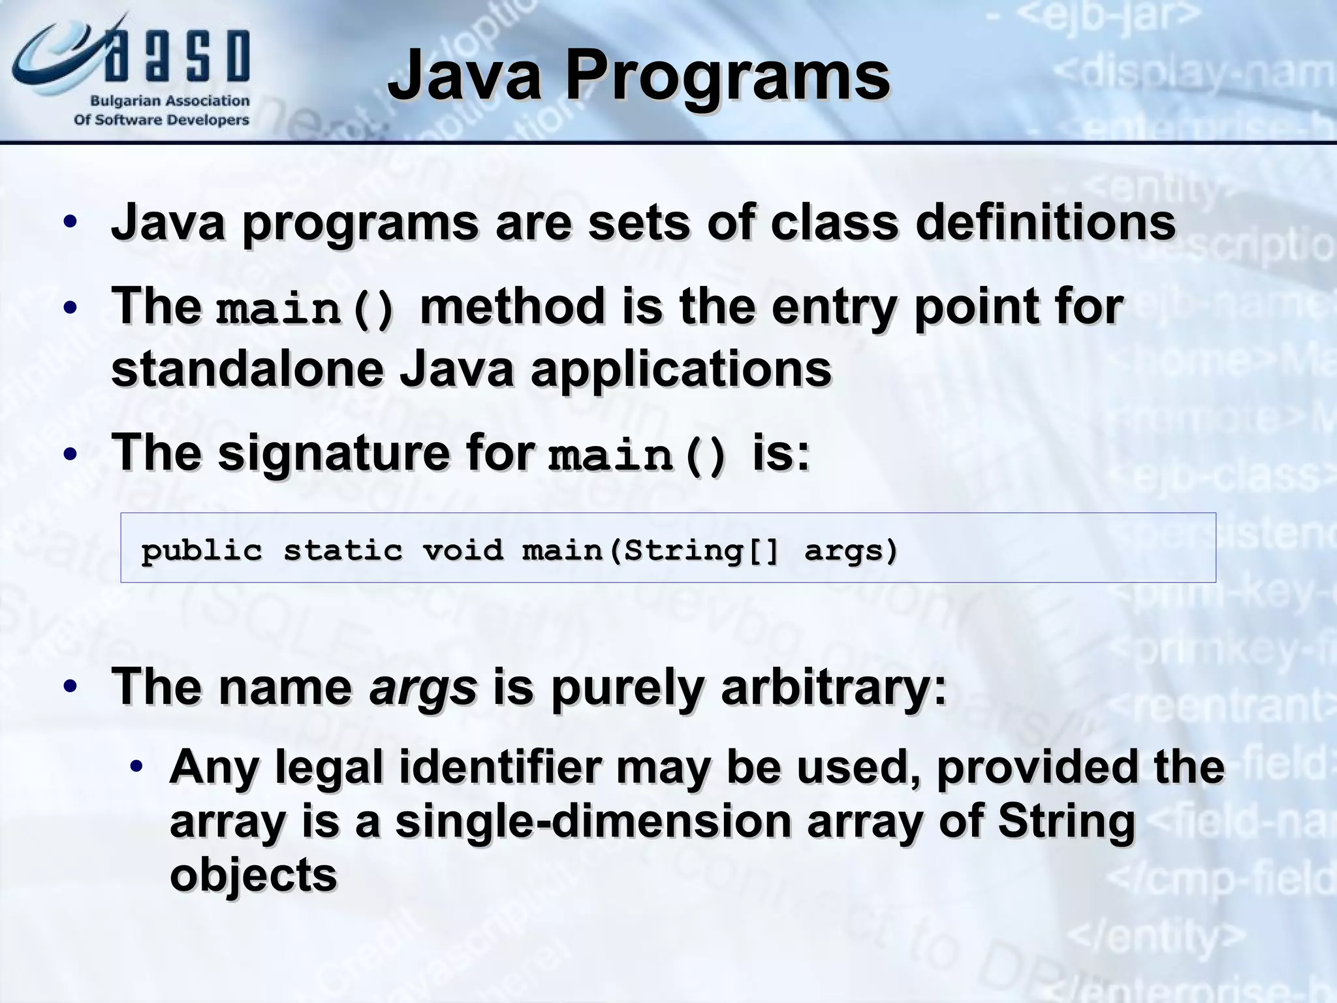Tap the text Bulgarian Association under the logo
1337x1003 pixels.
pos(170,101)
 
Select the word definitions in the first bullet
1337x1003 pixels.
pos(1045,223)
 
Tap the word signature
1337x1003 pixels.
pos(334,454)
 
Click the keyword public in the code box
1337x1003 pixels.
pos(202,550)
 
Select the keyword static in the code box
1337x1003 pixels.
pos(343,550)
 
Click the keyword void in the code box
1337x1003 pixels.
pos(463,550)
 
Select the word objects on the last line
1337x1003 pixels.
pos(253,875)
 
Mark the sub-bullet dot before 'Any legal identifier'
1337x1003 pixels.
pos(136,767)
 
